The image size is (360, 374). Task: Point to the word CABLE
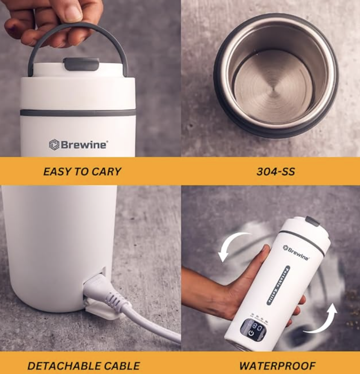coord(122,365)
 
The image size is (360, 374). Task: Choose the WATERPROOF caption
coord(277,365)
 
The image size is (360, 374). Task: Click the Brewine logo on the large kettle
coord(78,144)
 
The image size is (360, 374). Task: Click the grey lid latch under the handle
coord(81,63)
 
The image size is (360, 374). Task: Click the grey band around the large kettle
coord(78,113)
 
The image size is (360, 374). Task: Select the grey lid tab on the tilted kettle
coord(313,221)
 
